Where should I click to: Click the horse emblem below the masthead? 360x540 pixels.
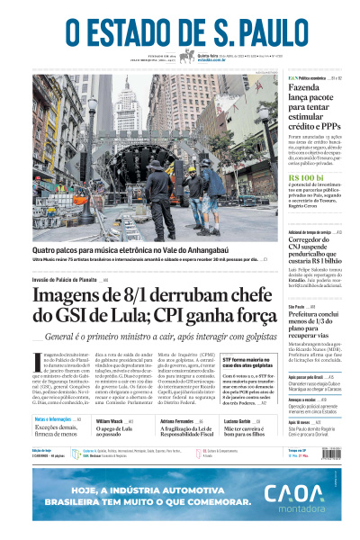pyautogui.click(x=186, y=57)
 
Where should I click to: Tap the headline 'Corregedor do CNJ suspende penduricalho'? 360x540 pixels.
pyautogui.click(x=314, y=250)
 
